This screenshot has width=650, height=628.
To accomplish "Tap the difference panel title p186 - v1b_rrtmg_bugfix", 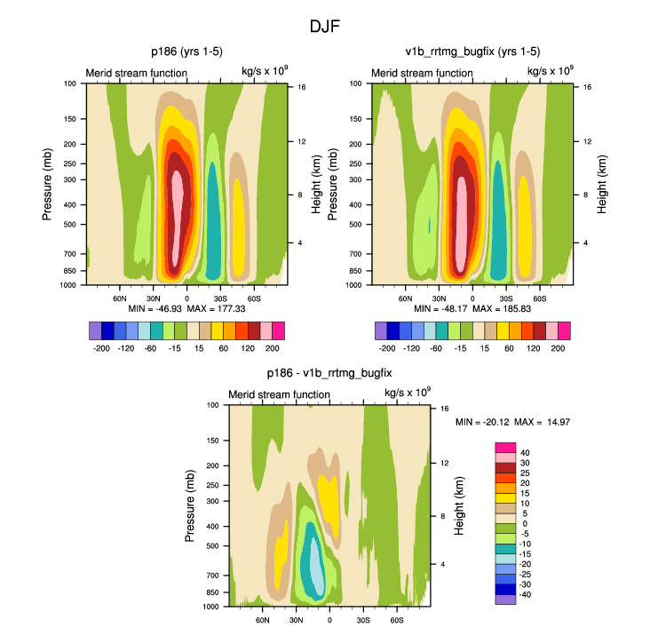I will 329,373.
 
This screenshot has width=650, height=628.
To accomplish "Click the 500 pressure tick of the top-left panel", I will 71,225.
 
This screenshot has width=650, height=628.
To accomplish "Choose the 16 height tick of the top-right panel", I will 576,87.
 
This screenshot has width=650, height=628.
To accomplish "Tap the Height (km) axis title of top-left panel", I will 315,183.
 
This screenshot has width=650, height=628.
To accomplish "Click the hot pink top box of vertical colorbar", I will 505,447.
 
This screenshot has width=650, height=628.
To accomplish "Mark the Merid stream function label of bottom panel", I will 279,394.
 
